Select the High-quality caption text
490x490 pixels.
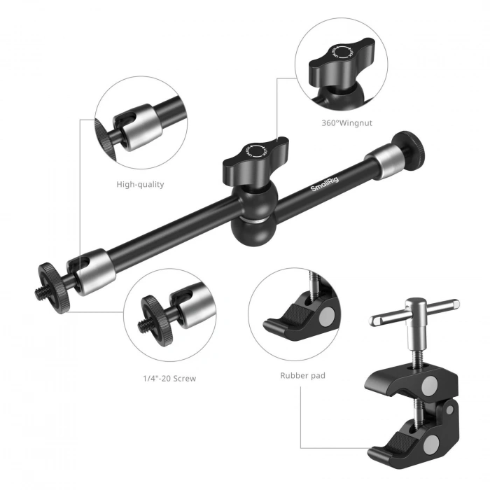[x=140, y=185]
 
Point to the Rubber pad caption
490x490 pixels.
[x=302, y=376]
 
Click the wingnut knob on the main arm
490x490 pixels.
[x=252, y=155]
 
